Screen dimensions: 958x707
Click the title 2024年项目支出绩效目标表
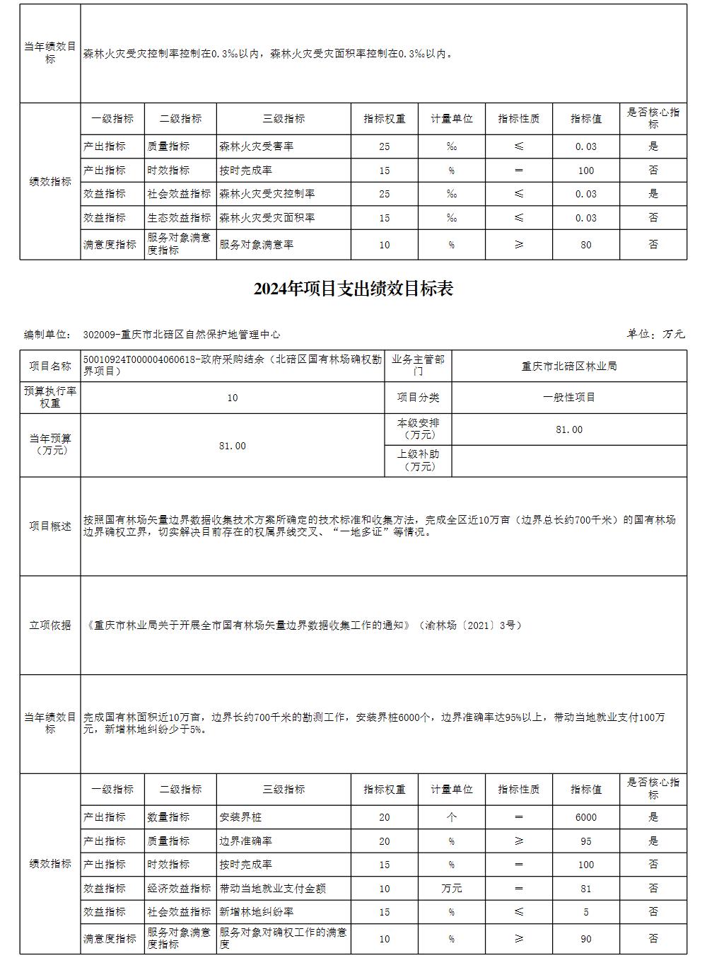click(x=353, y=289)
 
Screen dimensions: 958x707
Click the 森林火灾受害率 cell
click(x=256, y=146)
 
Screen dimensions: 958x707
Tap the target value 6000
click(x=585, y=817)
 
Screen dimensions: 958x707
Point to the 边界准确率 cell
click(x=245, y=841)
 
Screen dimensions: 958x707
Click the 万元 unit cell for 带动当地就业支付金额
click(x=451, y=889)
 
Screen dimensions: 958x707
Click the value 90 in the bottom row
click(x=585, y=939)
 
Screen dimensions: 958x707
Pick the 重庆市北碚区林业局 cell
click(x=569, y=367)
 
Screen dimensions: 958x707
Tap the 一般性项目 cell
click(x=569, y=398)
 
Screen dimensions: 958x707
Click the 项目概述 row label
click(x=50, y=526)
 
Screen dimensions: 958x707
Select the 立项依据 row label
click(x=50, y=625)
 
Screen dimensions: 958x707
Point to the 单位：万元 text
click(x=655, y=334)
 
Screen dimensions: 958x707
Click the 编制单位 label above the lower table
click(x=47, y=335)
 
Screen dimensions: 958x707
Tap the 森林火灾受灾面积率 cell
click(x=267, y=218)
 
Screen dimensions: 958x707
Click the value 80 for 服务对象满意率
click(x=585, y=245)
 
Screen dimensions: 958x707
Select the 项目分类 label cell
click(x=418, y=398)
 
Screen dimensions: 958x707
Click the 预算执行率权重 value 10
click(x=233, y=398)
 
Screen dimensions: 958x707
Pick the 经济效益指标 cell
click(x=180, y=889)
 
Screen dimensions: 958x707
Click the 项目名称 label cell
click(x=50, y=367)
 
